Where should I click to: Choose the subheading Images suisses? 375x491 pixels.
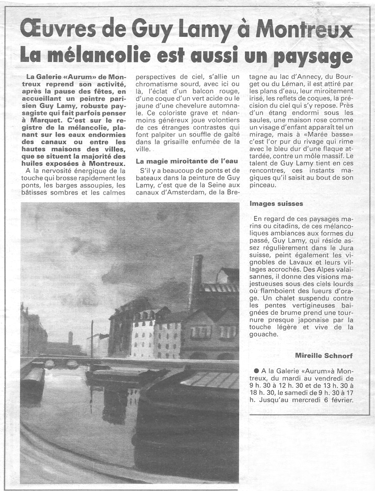(276, 203)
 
